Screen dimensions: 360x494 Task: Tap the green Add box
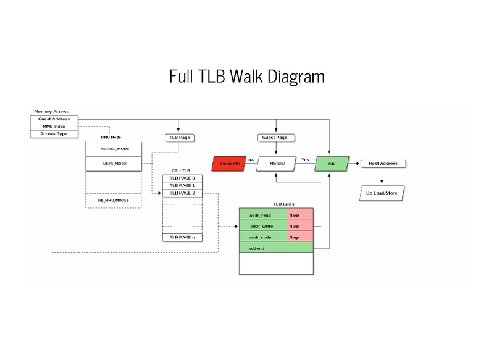click(330, 164)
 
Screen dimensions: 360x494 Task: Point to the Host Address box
click(383, 164)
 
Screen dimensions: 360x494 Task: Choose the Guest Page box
click(276, 137)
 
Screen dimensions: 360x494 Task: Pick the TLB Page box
click(178, 137)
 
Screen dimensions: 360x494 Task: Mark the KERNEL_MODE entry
click(114, 149)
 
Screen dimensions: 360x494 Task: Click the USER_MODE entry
click(114, 164)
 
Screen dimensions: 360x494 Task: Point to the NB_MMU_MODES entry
click(114, 200)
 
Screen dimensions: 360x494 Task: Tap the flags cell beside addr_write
click(300, 227)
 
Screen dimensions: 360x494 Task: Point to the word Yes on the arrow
click(305, 159)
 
